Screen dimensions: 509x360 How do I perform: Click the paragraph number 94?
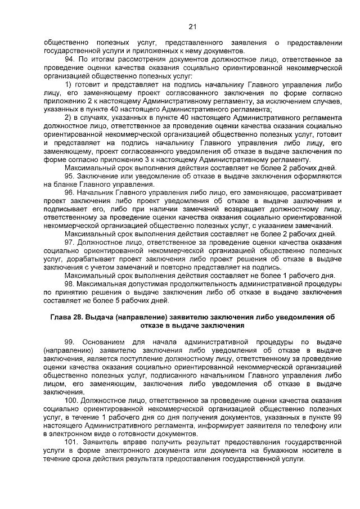coord(70,59)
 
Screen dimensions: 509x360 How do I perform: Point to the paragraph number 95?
coord(70,175)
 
